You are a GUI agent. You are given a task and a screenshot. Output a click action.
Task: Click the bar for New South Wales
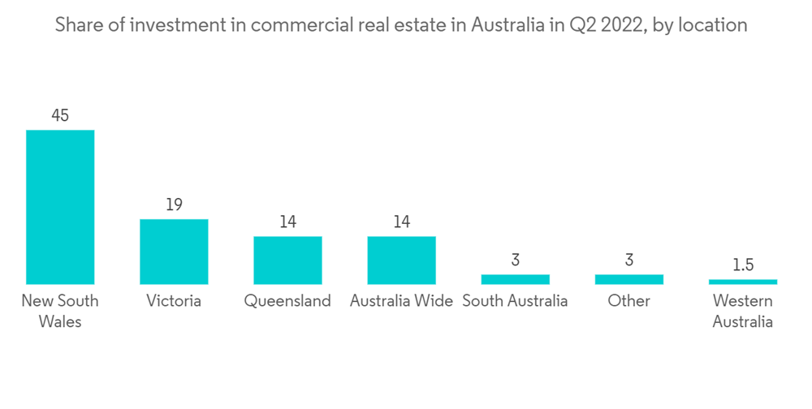pos(60,206)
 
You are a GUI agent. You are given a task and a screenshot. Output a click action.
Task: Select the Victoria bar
pos(174,251)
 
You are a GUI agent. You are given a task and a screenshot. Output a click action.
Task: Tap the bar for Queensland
pos(287,260)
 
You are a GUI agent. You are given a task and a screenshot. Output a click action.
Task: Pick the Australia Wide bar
pos(401,260)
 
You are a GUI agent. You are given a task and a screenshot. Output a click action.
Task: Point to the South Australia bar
pos(515,279)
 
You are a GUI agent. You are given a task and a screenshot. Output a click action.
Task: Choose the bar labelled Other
pos(628,279)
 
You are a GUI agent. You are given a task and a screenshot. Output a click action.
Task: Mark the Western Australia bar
pos(742,282)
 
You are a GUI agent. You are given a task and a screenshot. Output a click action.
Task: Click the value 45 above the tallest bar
pos(60,115)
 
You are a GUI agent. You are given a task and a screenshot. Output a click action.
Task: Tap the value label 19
pos(174,204)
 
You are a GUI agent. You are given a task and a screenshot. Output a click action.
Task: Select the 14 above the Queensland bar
pos(287,222)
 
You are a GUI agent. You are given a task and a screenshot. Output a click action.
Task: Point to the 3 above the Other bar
pos(628,260)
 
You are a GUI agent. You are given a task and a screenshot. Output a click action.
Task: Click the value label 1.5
pos(742,265)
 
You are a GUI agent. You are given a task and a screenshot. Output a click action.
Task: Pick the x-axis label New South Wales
pos(60,311)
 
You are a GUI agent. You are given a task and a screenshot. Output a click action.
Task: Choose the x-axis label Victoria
pos(174,301)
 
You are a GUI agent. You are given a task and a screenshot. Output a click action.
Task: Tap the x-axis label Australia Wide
pos(401,301)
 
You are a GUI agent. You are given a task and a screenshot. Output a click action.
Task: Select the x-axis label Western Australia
pos(742,311)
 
